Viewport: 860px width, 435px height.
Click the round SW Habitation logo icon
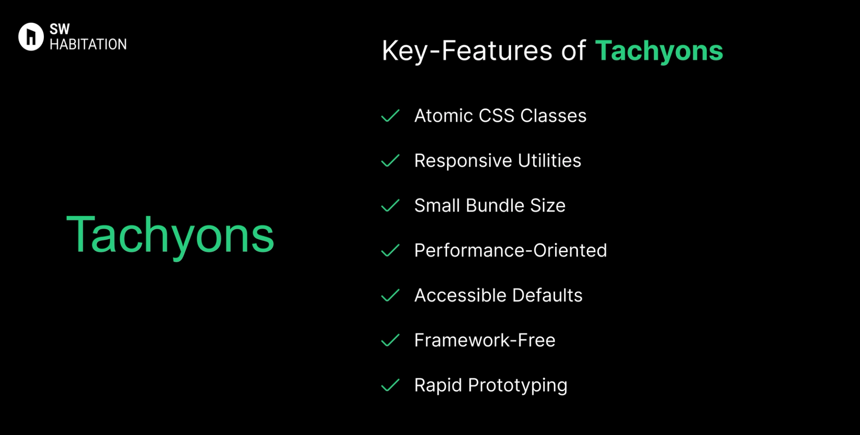[x=30, y=37]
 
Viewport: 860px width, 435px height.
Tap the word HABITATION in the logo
[x=88, y=44]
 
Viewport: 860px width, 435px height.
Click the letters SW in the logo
[x=60, y=29]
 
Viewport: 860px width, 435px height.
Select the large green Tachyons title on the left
[x=170, y=235]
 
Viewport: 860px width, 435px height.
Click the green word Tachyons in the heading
[x=659, y=51]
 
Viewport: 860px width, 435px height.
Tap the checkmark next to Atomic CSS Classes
[x=390, y=116]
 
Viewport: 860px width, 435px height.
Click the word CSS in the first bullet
[x=496, y=116]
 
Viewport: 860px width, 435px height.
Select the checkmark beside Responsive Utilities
[x=390, y=160]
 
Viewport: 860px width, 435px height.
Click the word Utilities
[x=549, y=160]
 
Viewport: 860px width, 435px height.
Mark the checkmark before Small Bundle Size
[x=390, y=206]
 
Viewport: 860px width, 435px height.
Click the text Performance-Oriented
[x=510, y=250]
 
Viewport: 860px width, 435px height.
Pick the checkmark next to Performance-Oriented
[x=390, y=250]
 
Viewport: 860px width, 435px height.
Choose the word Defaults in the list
[x=547, y=295]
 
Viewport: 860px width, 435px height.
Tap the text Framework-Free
[x=485, y=340]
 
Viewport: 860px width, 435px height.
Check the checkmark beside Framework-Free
[x=390, y=340]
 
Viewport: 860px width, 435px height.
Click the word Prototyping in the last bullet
[x=517, y=386]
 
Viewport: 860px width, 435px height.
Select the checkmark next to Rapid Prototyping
[x=390, y=385]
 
